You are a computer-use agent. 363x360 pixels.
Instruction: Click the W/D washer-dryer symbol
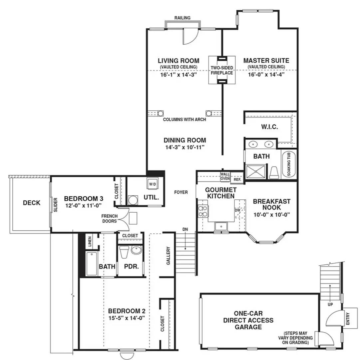[152, 184]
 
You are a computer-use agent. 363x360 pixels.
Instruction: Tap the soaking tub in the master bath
[289, 164]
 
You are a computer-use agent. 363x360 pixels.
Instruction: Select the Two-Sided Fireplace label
[222, 70]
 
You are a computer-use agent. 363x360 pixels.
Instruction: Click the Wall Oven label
[225, 176]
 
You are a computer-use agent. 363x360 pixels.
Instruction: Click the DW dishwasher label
[237, 210]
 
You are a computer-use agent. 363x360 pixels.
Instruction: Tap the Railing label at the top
[182, 18]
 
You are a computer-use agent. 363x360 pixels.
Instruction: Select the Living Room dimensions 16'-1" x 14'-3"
[179, 75]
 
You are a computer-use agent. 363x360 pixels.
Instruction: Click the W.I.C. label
[269, 127]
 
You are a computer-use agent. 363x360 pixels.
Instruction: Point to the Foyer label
[181, 192]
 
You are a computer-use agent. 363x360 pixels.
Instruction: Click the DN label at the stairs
[185, 229]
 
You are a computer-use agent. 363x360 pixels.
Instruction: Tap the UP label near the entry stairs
[330, 304]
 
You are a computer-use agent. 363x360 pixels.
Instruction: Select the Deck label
[32, 203]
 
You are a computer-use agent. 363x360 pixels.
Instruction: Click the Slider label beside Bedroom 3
[56, 205]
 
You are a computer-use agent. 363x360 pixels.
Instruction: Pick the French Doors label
[110, 218]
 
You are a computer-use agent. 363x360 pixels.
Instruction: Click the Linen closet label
[90, 241]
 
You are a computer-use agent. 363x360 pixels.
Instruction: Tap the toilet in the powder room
[124, 252]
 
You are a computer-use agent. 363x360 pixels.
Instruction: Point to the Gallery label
[168, 256]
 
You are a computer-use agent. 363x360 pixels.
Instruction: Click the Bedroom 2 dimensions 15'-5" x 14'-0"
[127, 318]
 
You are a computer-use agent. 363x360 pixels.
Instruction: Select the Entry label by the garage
[348, 318]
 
